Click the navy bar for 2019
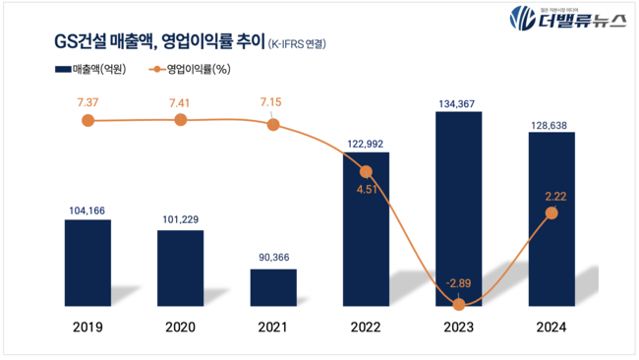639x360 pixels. click(x=87, y=262)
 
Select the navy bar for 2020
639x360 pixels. click(x=180, y=267)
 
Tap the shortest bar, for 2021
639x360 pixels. click(x=273, y=286)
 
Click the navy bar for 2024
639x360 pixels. click(x=552, y=217)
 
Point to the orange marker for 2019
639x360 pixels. click(x=87, y=120)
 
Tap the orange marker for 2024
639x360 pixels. click(x=552, y=212)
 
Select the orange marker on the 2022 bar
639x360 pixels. click(x=366, y=171)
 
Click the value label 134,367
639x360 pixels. click(x=458, y=99)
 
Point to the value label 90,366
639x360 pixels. click(x=273, y=258)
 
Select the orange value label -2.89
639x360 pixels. click(x=458, y=284)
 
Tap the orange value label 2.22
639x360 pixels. click(x=552, y=195)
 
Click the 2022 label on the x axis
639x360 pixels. click(x=366, y=328)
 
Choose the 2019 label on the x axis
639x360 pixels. click(x=87, y=328)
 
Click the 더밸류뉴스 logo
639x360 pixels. click(x=565, y=20)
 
